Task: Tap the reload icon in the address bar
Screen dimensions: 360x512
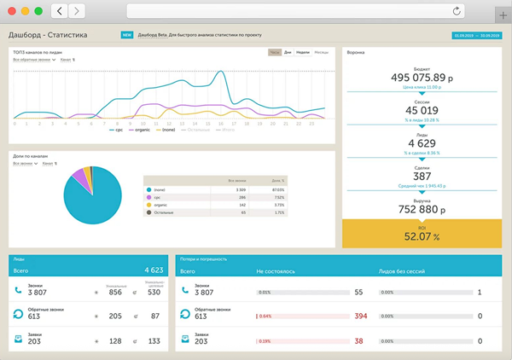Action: pos(458,11)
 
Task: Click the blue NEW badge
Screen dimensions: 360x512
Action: pos(127,36)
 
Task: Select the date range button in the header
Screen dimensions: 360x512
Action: pos(476,36)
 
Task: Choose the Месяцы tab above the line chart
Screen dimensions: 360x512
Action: pos(321,52)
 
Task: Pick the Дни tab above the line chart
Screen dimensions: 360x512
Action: pos(290,52)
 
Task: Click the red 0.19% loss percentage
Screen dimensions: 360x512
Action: pos(265,340)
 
